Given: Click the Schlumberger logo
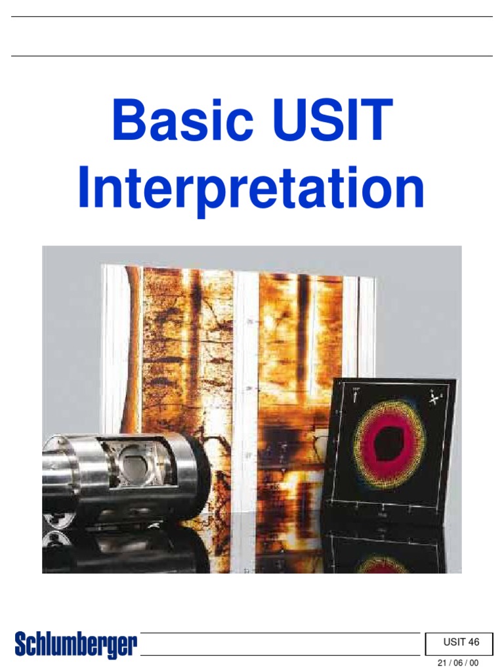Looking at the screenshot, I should point(76,645).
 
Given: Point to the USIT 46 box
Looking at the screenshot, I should point(461,642).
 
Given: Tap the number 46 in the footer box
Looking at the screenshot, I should point(474,642).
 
